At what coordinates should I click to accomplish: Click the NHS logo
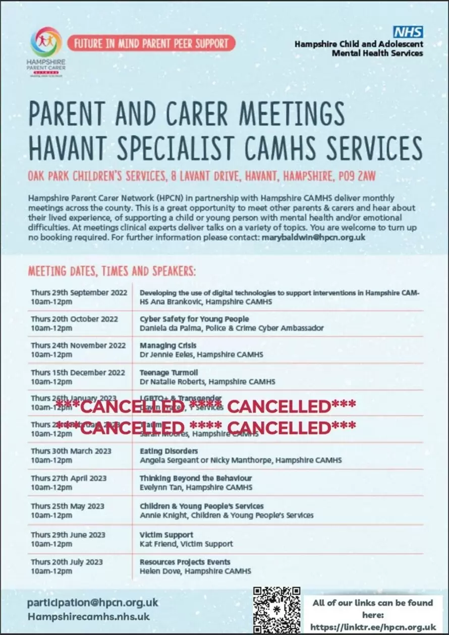[x=408, y=32]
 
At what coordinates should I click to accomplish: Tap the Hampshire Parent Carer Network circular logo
[x=46, y=42]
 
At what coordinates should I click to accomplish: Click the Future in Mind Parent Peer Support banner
[x=151, y=43]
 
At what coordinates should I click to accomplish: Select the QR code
[x=276, y=610]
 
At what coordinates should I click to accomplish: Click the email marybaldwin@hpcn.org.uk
[x=313, y=237]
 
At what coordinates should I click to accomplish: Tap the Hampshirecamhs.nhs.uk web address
[x=89, y=616]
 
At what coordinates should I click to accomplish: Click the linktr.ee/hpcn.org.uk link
[x=373, y=626]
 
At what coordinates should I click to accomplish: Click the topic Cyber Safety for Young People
[x=194, y=319]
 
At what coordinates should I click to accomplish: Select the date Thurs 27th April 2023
[x=69, y=478]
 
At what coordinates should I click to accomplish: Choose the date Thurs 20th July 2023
[x=67, y=562]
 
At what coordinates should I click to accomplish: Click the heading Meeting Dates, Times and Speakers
[x=111, y=271]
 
